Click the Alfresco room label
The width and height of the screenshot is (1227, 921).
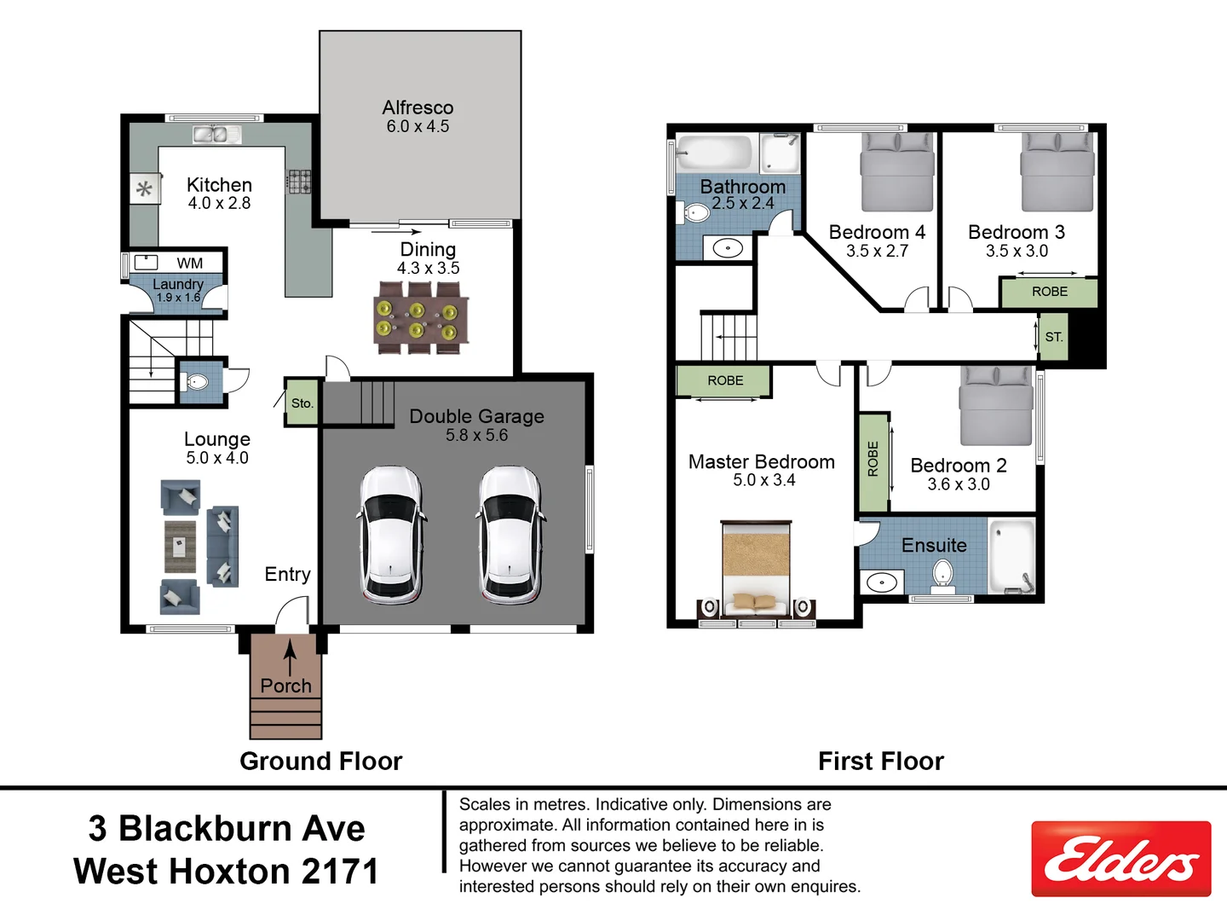click(418, 108)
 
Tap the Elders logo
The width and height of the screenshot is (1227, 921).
click(1120, 859)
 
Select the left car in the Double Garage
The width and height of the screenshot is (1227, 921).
click(390, 535)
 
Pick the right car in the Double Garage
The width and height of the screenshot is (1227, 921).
click(510, 535)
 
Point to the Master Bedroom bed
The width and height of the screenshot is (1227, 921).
click(756, 567)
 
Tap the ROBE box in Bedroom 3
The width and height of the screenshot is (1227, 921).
click(1049, 292)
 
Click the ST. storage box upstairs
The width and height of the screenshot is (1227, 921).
click(1054, 337)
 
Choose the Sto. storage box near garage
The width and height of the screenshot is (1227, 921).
click(302, 403)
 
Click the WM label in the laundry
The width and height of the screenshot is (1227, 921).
click(190, 264)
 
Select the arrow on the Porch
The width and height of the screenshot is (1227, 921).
click(290, 657)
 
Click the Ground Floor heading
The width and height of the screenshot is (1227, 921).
click(320, 761)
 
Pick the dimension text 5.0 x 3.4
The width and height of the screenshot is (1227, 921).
click(763, 481)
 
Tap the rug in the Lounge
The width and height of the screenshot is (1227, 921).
click(180, 547)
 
